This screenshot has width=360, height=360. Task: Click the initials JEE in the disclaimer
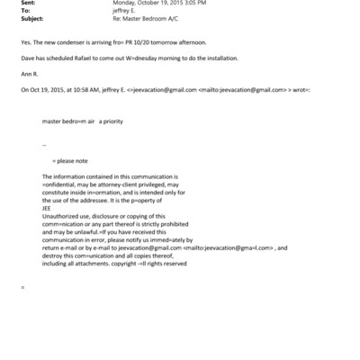pyautogui.click(x=48, y=206)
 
